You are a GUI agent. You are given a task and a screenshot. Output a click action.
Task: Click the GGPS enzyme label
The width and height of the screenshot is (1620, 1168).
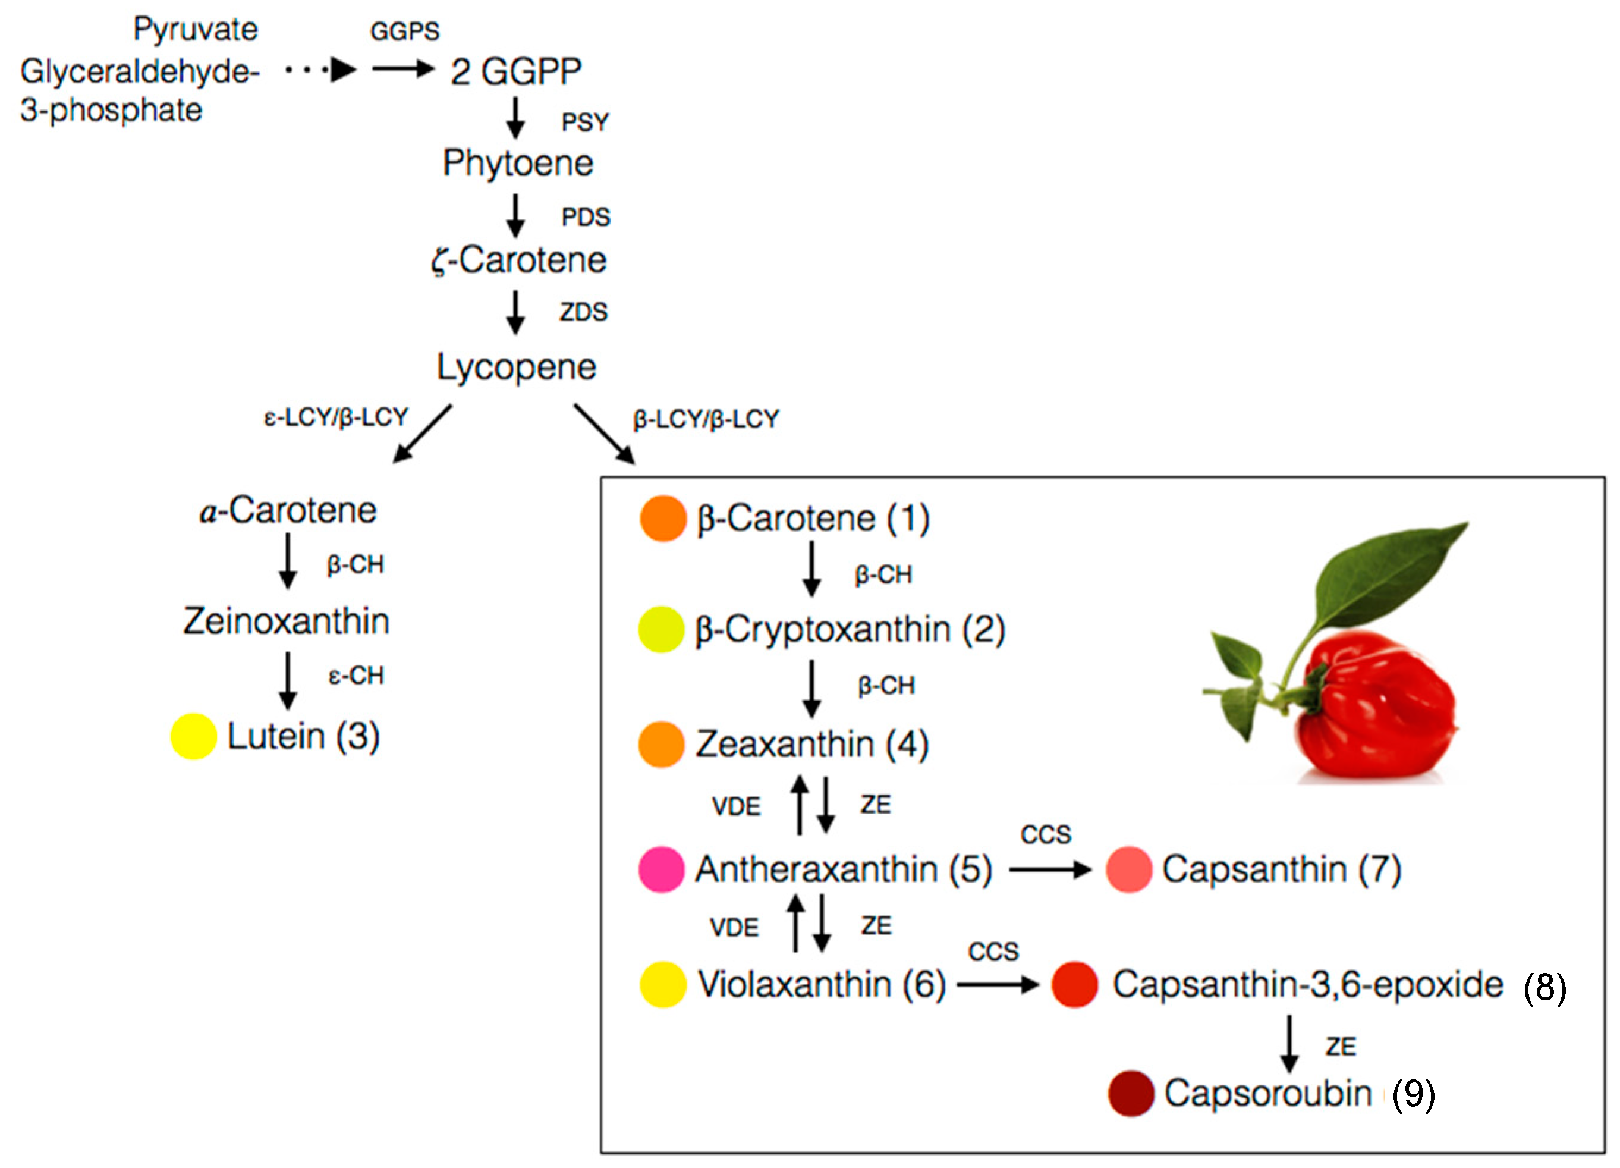tap(404, 32)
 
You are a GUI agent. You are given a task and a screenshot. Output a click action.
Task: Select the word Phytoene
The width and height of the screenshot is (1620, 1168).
tap(518, 163)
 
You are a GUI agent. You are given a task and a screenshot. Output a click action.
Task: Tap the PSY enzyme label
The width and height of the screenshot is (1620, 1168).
tap(585, 122)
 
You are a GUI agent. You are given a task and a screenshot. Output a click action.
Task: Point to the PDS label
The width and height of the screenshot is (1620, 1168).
tap(586, 217)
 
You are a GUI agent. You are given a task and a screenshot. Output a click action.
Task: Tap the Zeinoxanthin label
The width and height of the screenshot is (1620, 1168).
tap(287, 621)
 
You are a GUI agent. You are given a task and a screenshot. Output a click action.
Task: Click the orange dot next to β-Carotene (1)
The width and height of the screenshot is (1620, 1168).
tap(663, 519)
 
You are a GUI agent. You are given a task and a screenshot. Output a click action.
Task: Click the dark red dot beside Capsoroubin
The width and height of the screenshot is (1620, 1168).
tap(1131, 1094)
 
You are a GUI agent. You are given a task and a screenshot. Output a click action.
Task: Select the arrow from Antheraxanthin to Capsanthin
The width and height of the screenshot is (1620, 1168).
tap(1050, 870)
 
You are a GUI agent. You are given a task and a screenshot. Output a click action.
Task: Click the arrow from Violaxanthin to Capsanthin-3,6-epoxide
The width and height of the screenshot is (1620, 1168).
tap(998, 985)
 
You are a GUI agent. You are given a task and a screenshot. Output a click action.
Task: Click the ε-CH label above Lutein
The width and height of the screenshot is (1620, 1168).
tap(356, 676)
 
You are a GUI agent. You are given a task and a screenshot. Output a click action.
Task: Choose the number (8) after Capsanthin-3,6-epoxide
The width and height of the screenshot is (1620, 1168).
tap(1544, 988)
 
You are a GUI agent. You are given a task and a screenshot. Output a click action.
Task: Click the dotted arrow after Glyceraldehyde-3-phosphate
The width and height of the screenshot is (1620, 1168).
tap(322, 70)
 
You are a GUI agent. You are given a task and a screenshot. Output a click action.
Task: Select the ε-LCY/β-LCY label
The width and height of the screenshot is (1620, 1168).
tap(336, 417)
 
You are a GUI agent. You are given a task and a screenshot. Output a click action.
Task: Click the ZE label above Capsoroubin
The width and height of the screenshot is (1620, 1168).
tap(1341, 1047)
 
